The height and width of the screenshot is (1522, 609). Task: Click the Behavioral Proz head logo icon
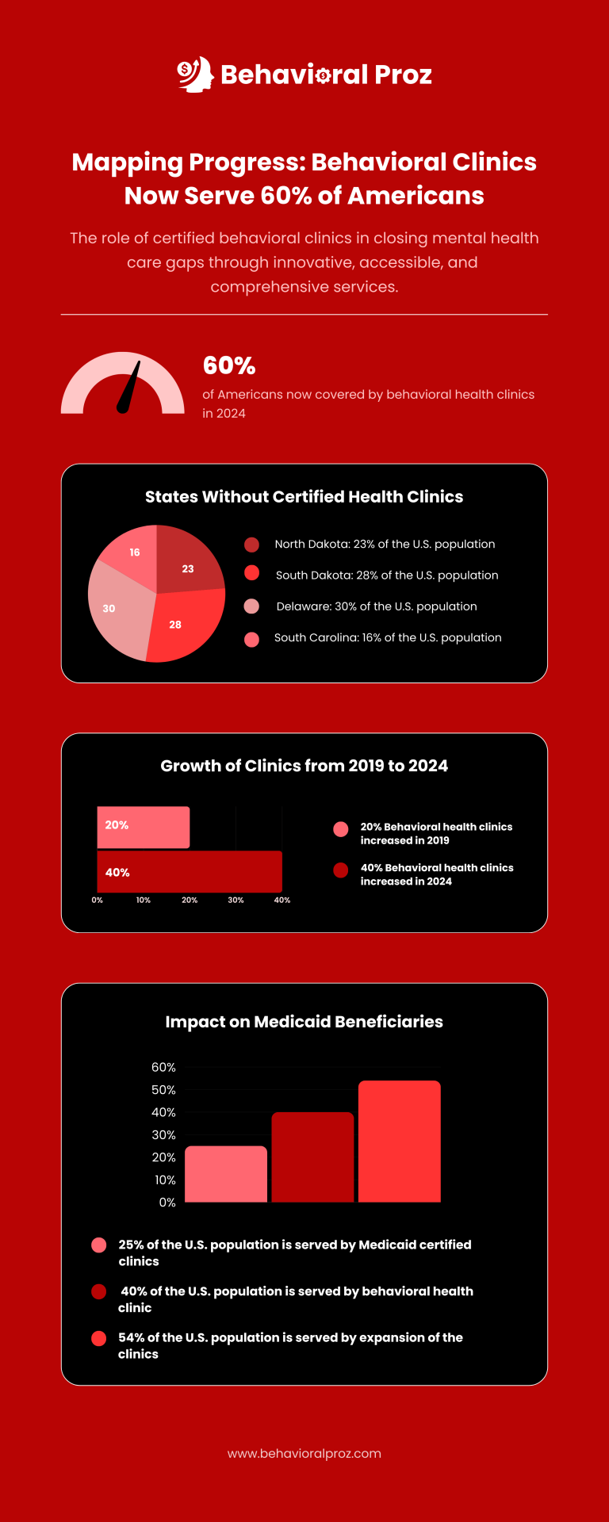point(195,74)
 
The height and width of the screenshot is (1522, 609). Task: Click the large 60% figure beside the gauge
point(229,365)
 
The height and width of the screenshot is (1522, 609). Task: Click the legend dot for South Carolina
point(251,639)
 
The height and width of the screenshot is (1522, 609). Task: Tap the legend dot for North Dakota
point(251,545)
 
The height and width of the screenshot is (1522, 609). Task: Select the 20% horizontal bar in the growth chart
point(144,827)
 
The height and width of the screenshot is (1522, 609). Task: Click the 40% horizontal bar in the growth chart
point(190,872)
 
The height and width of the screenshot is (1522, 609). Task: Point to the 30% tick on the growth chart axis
point(236,901)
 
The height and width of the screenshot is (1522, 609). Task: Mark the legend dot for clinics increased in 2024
point(341,870)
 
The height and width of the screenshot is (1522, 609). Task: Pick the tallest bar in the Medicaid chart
point(399,1141)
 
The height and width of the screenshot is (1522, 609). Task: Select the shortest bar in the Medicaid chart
point(226,1174)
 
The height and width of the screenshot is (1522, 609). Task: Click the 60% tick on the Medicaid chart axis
point(164,1068)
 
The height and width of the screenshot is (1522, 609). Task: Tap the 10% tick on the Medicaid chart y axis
point(165,1180)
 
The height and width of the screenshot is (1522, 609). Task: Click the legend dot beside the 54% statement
point(98,1339)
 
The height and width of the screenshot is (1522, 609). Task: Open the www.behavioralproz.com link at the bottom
point(304,1454)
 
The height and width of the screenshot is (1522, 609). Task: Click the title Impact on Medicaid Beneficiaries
point(304,1022)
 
